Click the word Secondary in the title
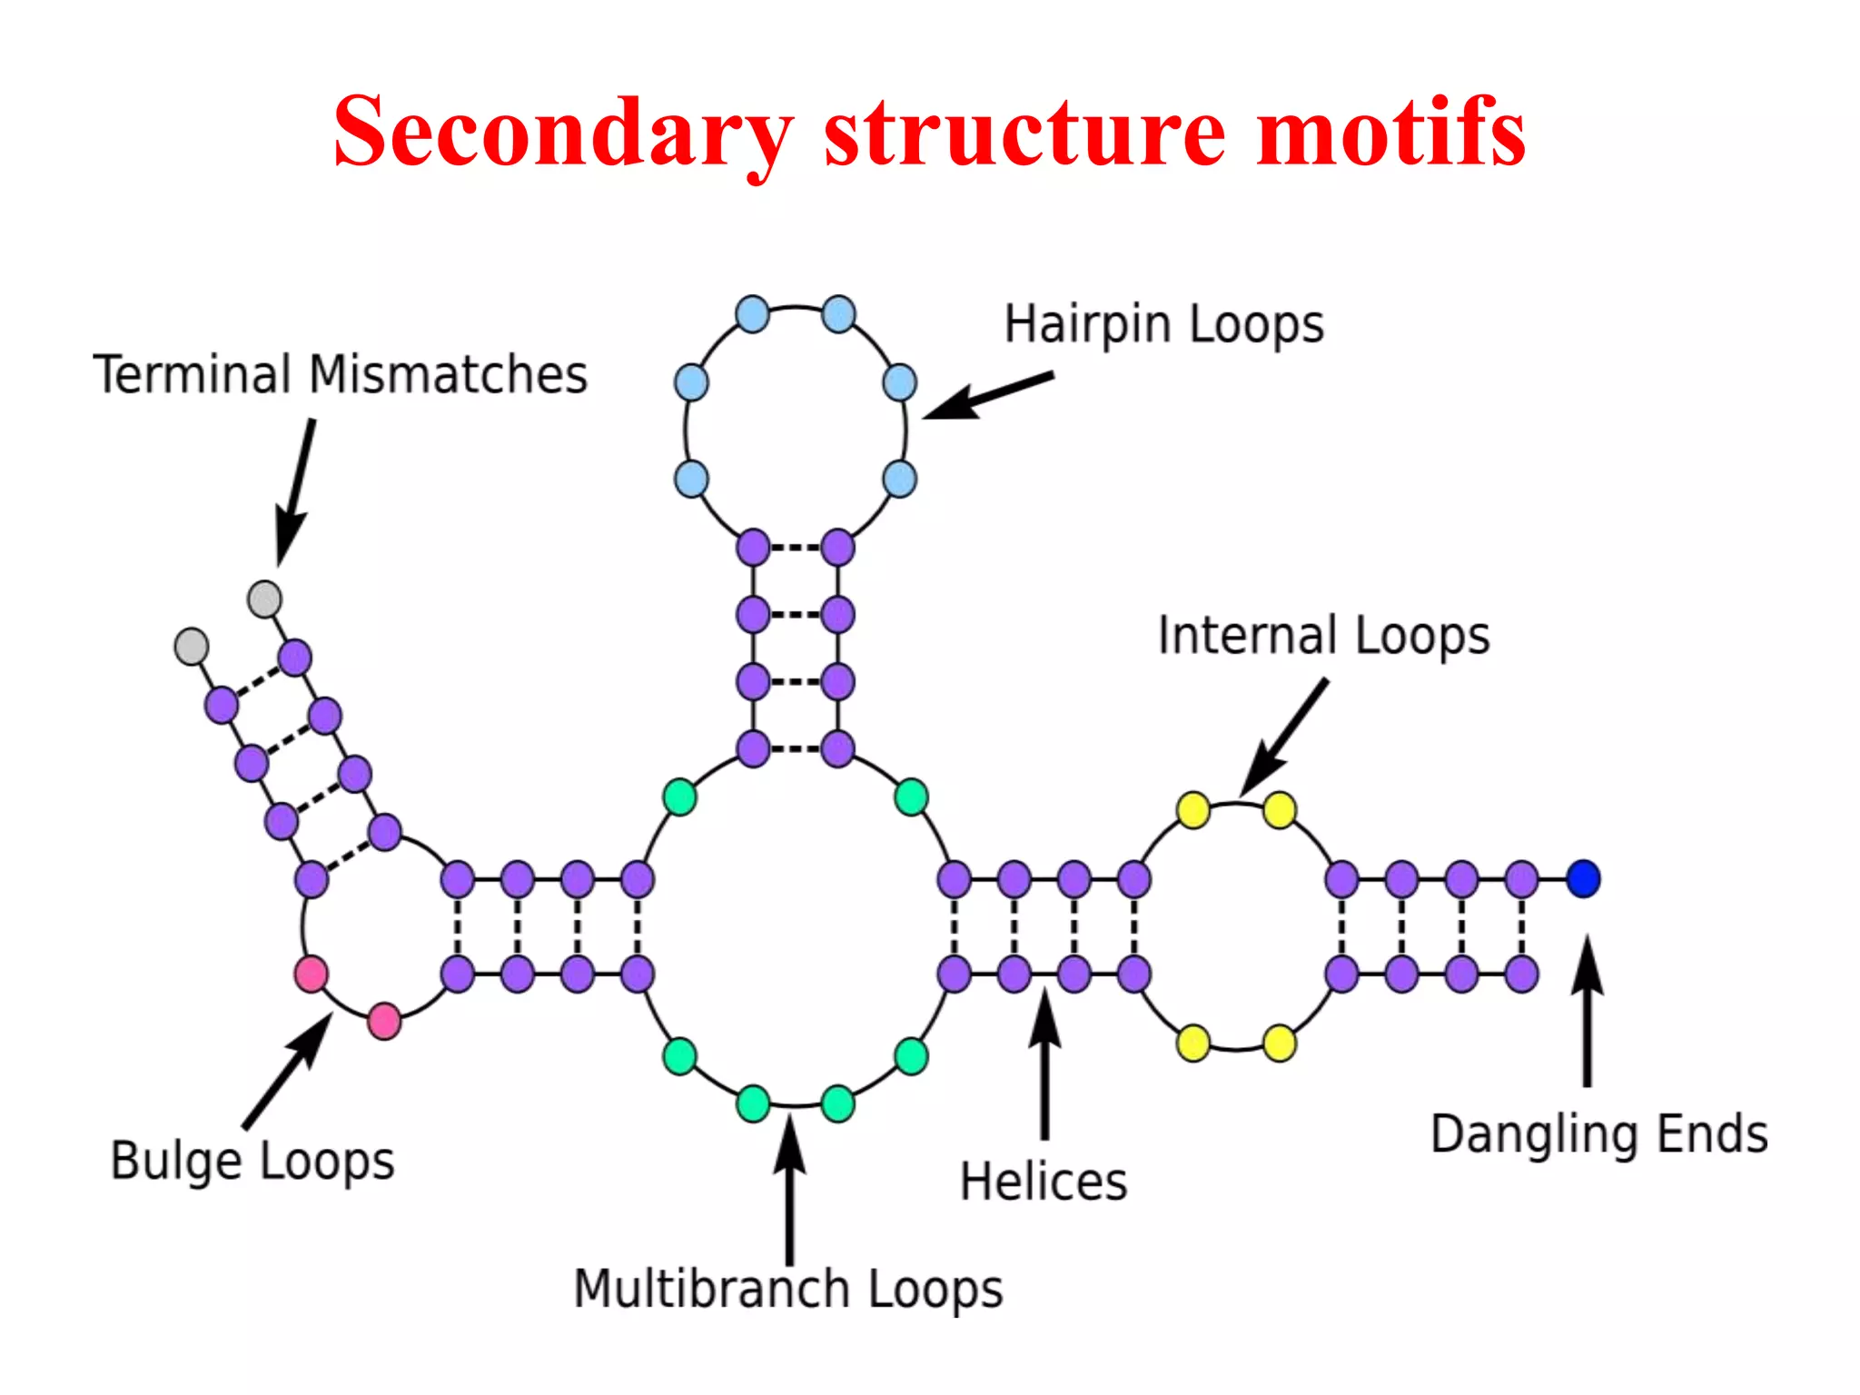click(563, 134)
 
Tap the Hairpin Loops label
click(1163, 325)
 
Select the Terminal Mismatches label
click(341, 374)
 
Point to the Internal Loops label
click(1323, 636)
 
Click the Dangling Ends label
click(1599, 1135)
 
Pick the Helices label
click(1044, 1182)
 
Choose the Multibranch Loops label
click(788, 1290)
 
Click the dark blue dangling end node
click(1583, 878)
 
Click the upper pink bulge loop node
click(312, 974)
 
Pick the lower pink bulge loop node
click(384, 1021)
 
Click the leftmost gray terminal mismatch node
click(192, 647)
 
